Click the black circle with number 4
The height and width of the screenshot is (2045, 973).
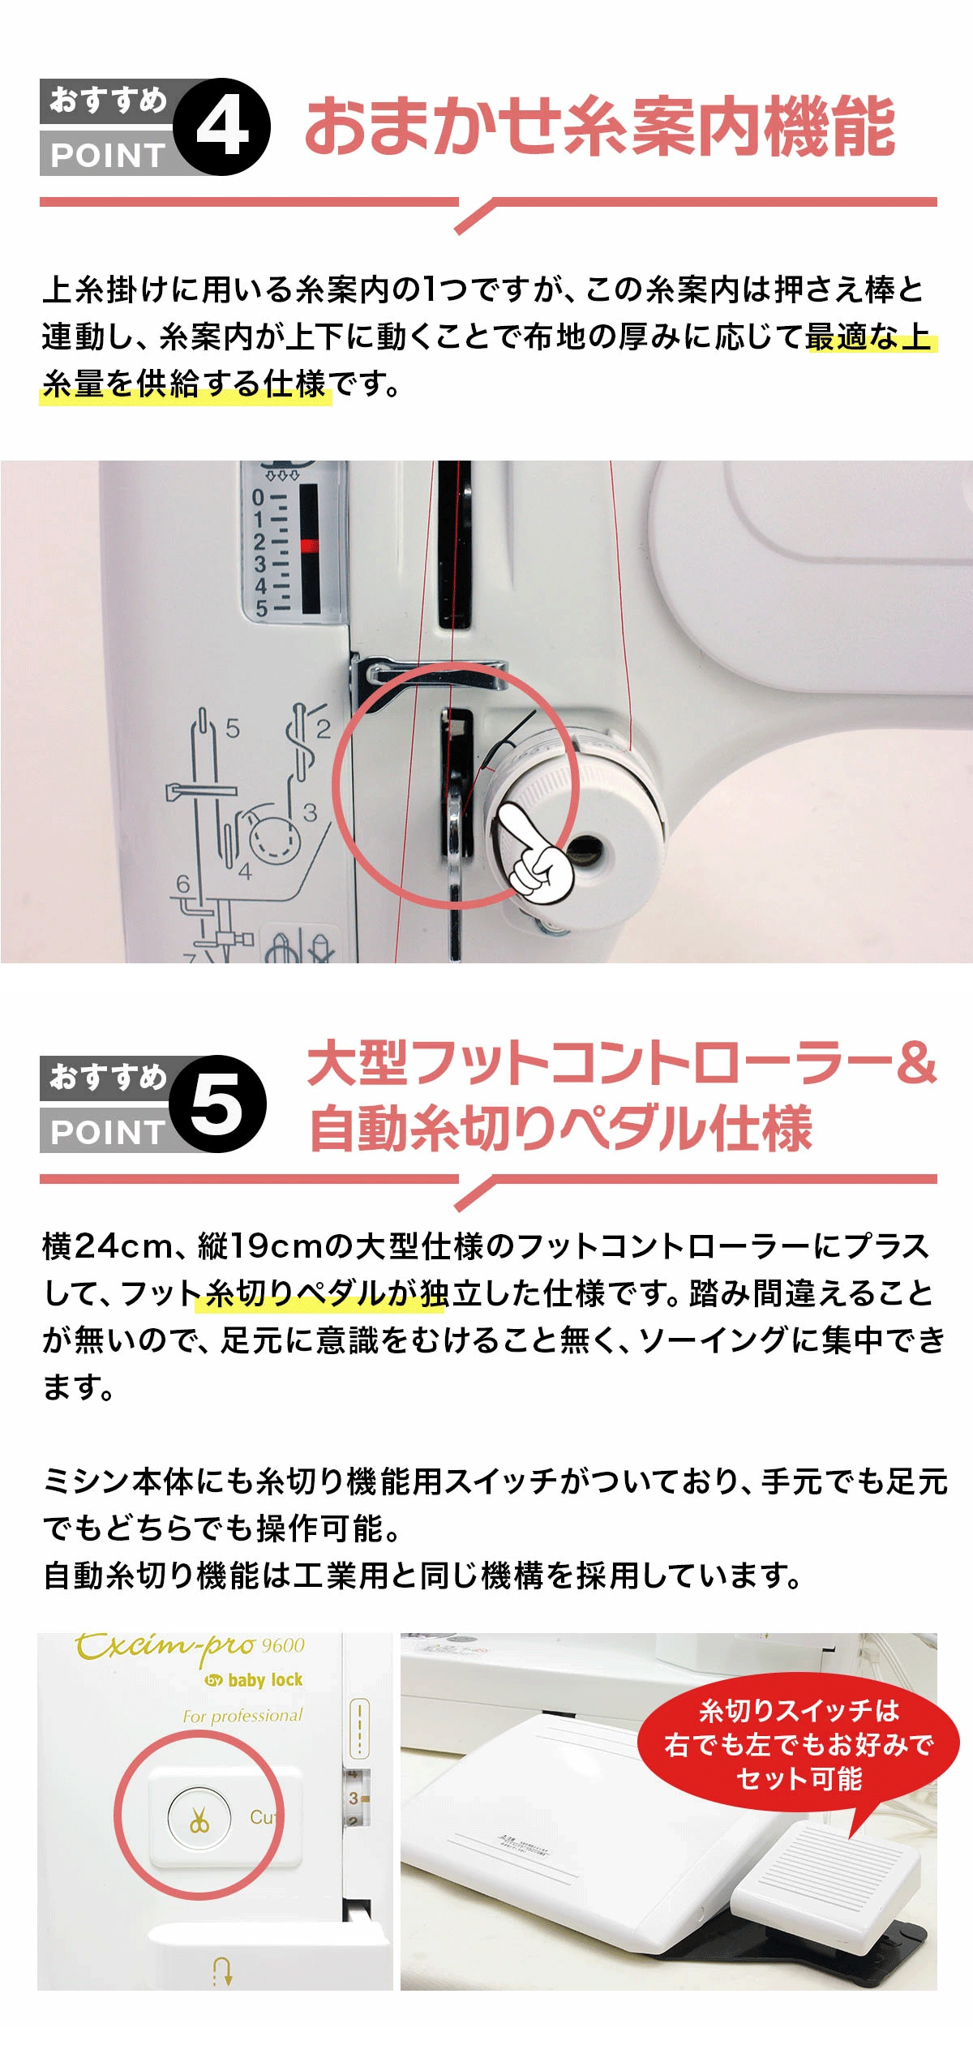pos(221,126)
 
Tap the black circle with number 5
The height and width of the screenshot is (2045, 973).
pos(218,1104)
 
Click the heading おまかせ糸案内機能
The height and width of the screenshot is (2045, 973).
pos(600,126)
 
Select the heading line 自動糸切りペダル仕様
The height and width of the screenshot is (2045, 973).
pos(561,1128)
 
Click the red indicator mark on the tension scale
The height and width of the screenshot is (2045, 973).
pos(309,545)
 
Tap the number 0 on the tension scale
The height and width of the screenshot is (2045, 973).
pos(258,497)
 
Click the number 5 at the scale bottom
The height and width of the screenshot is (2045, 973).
pos(261,608)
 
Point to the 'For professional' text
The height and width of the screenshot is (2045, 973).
pos(242,1716)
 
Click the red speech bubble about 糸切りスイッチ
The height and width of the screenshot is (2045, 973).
pos(799,1743)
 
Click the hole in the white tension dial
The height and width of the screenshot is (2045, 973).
pos(585,849)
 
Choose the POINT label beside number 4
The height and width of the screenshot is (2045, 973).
pos(108,154)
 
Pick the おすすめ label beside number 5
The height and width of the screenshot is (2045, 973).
pos(108,1077)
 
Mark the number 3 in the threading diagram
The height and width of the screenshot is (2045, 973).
pos(310,812)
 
